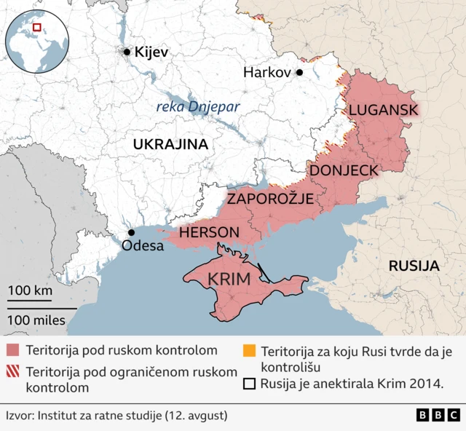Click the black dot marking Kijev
pos(127,52)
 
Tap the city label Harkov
pos(266,73)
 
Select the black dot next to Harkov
pos(299,72)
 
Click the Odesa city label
pos(143,246)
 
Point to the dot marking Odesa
pos(131,232)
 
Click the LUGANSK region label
pos(383,110)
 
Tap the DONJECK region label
pos(344,170)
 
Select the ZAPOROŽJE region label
pos(269,199)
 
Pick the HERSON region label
pos(209,233)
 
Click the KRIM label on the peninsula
pos(229,280)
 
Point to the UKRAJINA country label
pos(170,144)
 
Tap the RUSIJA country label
pos(414,266)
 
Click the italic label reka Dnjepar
pos(198,108)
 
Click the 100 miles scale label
pos(36,320)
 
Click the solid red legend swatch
pos(12,350)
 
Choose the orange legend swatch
pos(250,350)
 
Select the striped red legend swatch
pos(12,372)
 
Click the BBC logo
pos(438,415)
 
